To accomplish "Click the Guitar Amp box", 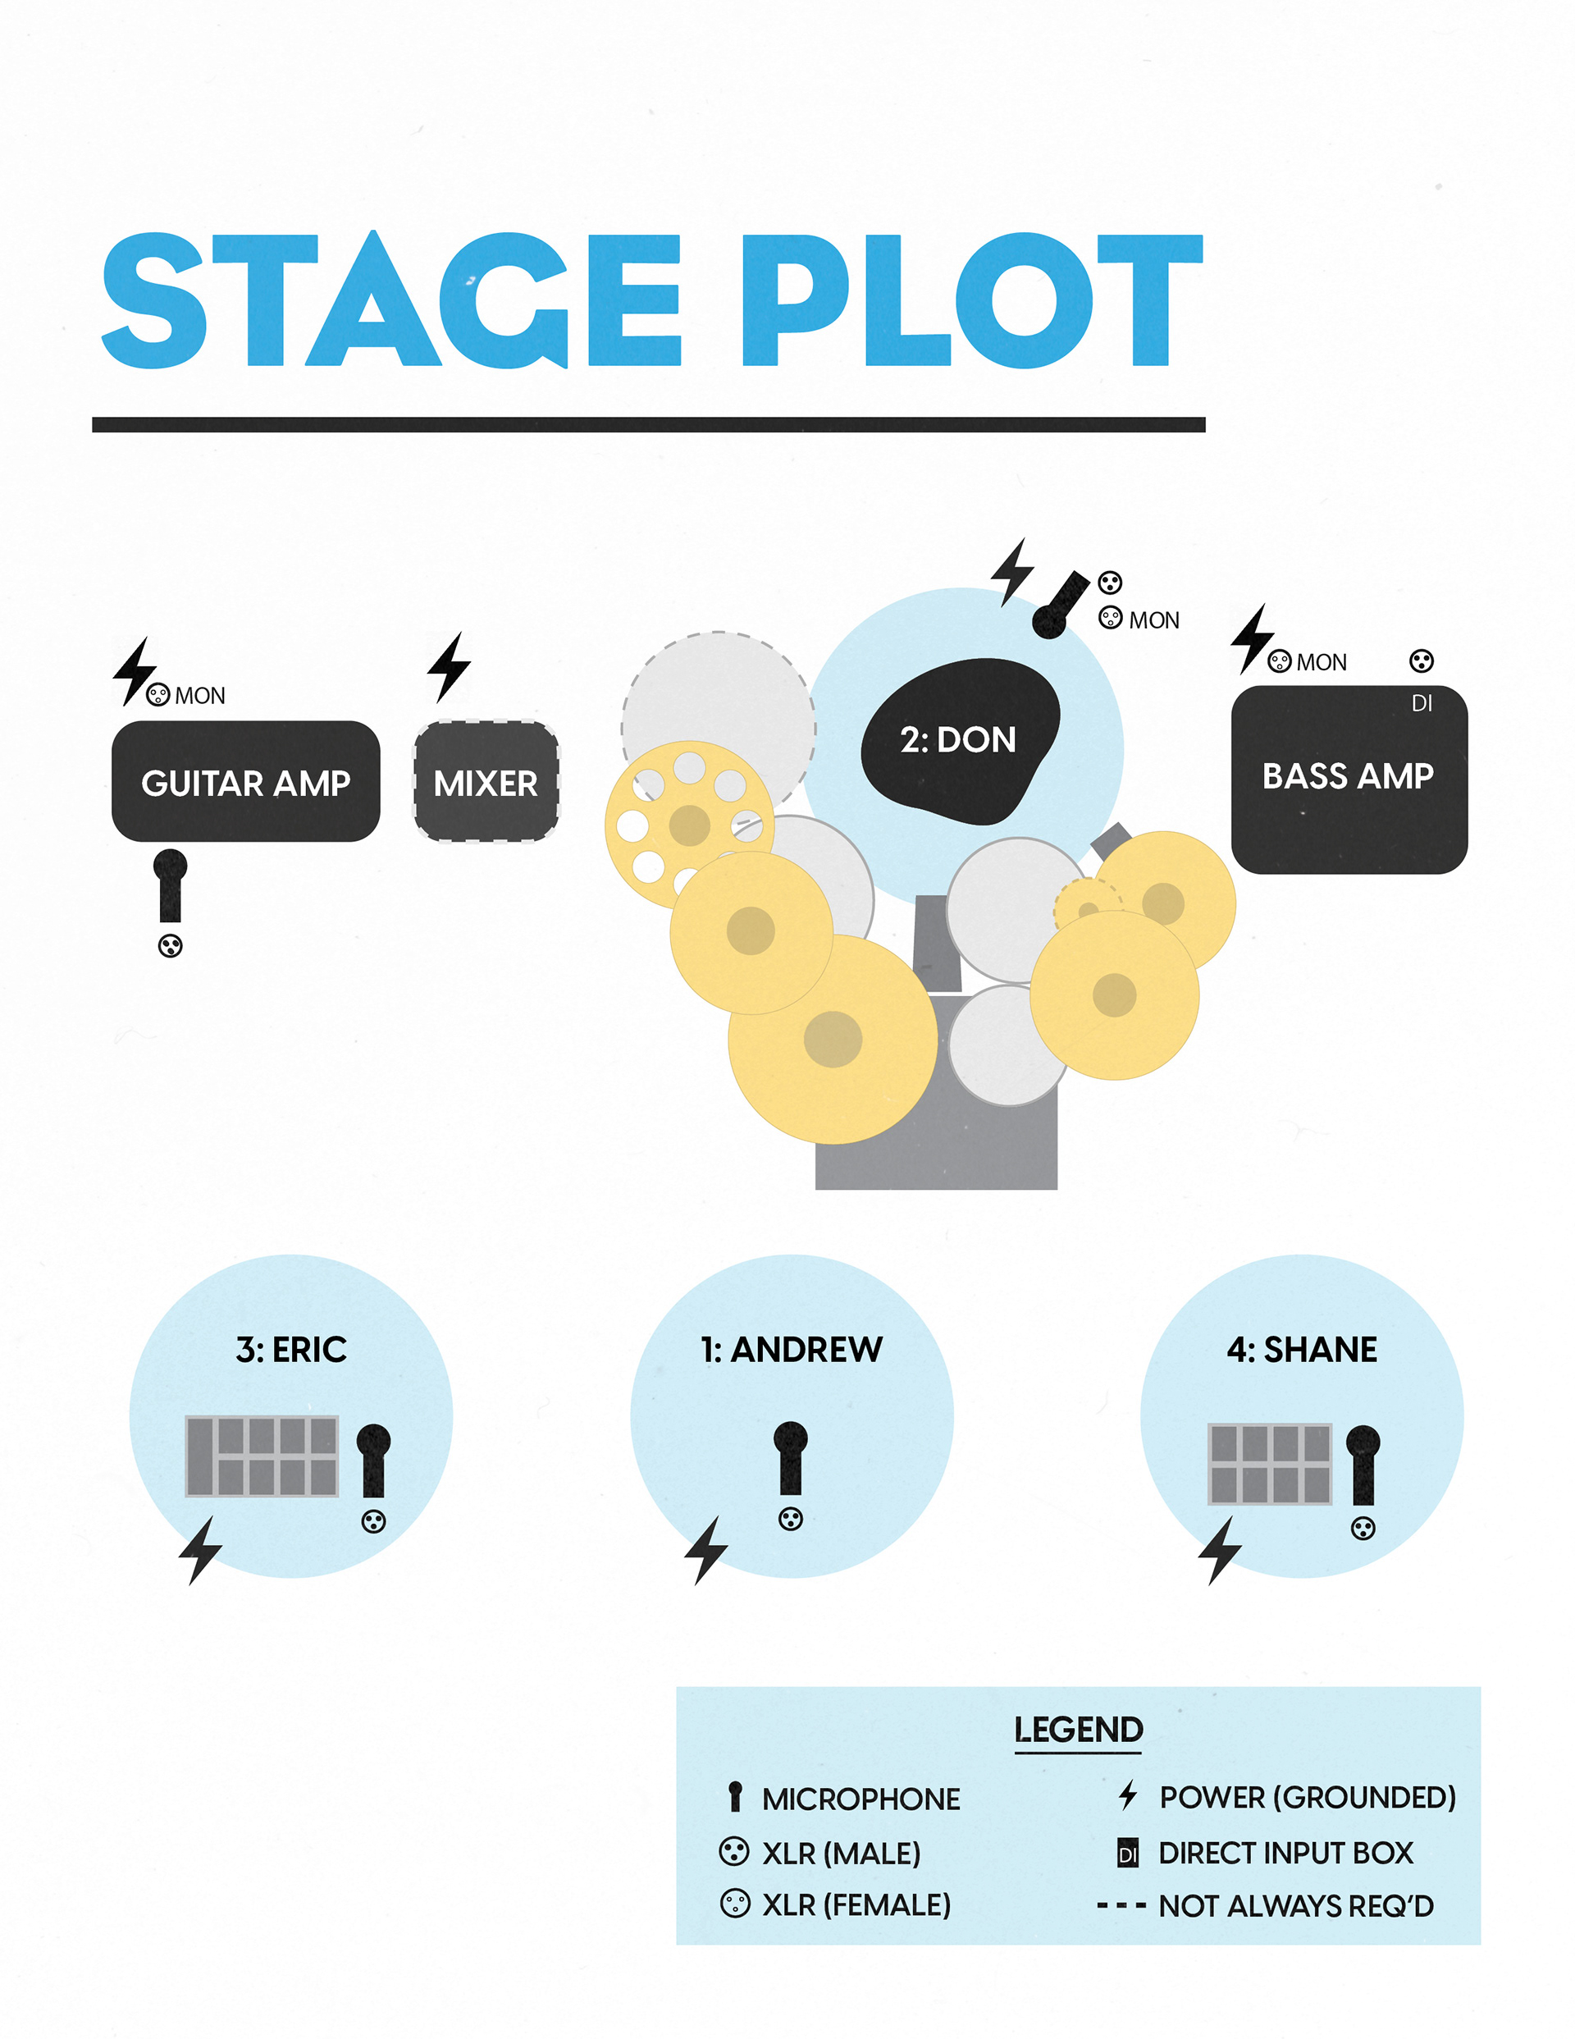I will [x=245, y=781].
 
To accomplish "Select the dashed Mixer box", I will [x=486, y=781].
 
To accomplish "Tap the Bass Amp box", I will [x=1348, y=779].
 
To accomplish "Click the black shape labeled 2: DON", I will [x=959, y=740].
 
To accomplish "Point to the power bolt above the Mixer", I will [x=449, y=666].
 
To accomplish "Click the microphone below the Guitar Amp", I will [x=170, y=885].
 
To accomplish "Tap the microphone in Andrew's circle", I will [x=791, y=1457].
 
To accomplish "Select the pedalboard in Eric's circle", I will [x=262, y=1456].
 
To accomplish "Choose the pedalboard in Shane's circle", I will [x=1270, y=1464].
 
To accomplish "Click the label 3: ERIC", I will [x=291, y=1350].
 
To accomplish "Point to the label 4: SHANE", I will [x=1302, y=1350].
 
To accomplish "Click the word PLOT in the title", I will [x=971, y=300].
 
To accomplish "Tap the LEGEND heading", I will [x=1079, y=1730].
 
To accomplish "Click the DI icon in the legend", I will [x=1128, y=1854].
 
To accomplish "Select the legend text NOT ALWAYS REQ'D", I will [x=1296, y=1905].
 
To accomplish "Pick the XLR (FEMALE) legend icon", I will [x=735, y=1904].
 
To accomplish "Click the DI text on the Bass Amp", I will [x=1421, y=704].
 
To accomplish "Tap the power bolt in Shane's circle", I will [x=1221, y=1551].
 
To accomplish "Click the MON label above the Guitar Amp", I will [x=200, y=697].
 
